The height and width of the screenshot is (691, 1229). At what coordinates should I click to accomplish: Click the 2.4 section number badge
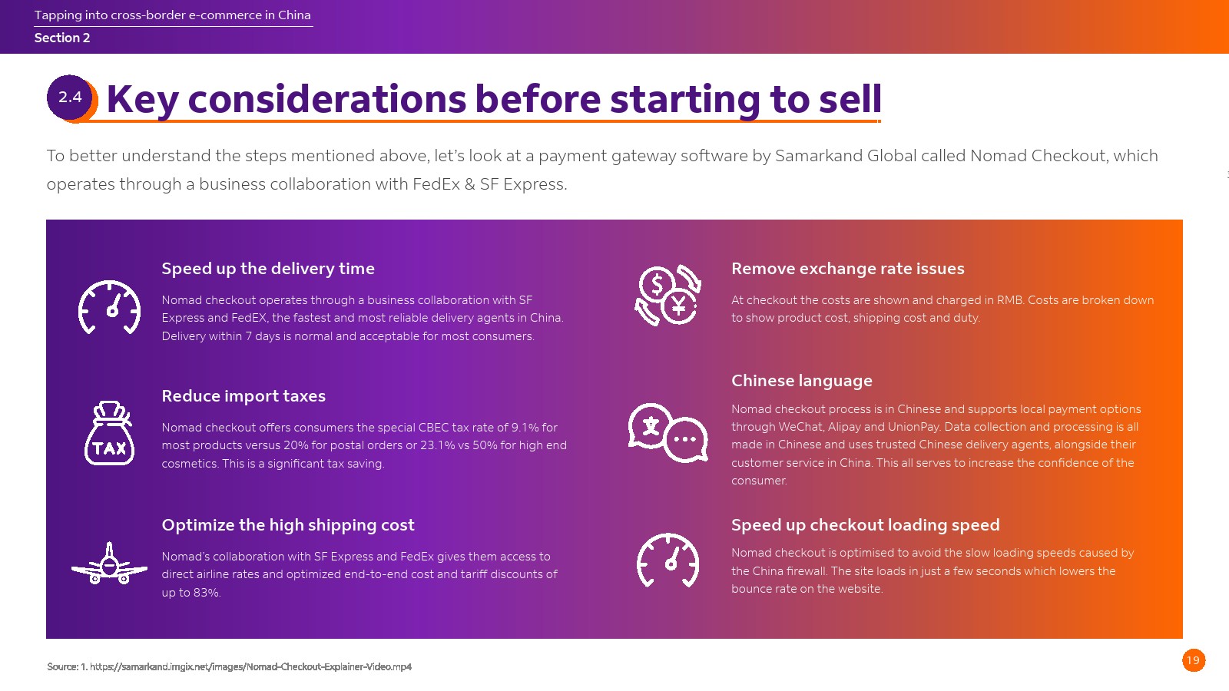click(x=70, y=98)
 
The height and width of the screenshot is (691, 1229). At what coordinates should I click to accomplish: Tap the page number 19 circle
click(x=1194, y=660)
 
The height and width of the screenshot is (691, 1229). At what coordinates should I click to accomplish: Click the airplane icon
click(x=109, y=564)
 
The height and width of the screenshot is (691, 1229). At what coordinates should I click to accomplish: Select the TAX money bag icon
click(x=110, y=433)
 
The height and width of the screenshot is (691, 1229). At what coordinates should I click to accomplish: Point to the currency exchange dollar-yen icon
click(x=668, y=295)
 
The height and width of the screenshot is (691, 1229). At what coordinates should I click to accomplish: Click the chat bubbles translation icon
click(x=668, y=433)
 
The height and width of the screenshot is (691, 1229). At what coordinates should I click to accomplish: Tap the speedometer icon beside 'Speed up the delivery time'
click(x=109, y=307)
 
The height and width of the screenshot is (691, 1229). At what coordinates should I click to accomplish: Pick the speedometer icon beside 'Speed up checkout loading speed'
click(x=668, y=560)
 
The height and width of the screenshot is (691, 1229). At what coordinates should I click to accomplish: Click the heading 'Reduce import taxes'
click(x=243, y=396)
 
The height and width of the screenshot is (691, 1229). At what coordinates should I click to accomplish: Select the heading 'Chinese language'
click(x=802, y=381)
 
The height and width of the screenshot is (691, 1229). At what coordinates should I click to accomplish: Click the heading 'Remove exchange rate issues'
click(x=848, y=269)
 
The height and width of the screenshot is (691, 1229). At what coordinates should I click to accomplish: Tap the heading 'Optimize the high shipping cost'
click(x=288, y=525)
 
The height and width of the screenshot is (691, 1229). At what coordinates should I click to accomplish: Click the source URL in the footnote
click(x=250, y=667)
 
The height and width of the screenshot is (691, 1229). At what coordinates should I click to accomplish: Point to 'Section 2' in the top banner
click(x=62, y=38)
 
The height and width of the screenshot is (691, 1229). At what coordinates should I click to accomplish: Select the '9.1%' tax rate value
click(x=525, y=428)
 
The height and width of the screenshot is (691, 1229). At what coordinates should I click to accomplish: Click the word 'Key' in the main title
click(x=143, y=100)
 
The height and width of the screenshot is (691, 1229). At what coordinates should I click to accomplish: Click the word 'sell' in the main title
click(x=850, y=99)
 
